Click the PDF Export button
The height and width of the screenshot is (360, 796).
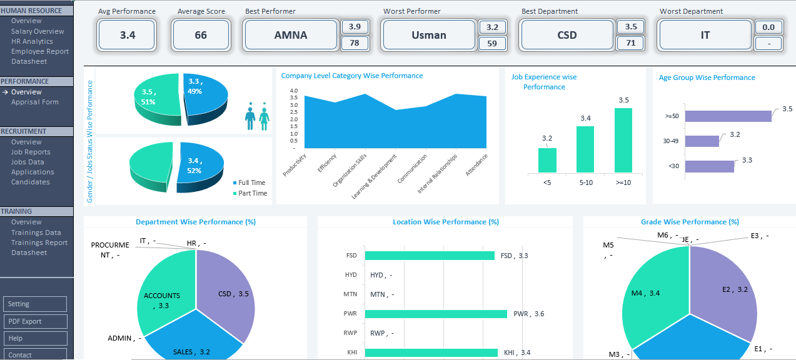pos(35,321)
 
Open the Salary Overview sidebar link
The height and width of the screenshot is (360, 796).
pos(38,31)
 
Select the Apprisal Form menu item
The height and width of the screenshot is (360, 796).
pos(34,102)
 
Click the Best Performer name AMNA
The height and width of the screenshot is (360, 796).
pos(291,35)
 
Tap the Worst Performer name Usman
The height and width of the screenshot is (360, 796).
pos(428,35)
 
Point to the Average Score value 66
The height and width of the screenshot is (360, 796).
pos(201,35)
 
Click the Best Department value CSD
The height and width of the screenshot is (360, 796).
pos(567,35)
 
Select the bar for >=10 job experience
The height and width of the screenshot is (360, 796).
pos(623,140)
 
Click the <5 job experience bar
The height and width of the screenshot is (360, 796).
pos(547,160)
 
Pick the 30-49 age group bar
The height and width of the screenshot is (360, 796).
pos(702,141)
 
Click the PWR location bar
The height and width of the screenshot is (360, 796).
pos(435,314)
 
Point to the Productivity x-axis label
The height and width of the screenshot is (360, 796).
pos(295,164)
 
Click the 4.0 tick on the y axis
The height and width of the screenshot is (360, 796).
pos(293,91)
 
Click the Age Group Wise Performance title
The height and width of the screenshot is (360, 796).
pos(707,77)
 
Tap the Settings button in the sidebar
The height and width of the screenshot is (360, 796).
pos(35,304)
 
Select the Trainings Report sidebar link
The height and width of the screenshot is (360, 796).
pos(39,242)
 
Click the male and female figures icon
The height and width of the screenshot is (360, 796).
pos(257,116)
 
